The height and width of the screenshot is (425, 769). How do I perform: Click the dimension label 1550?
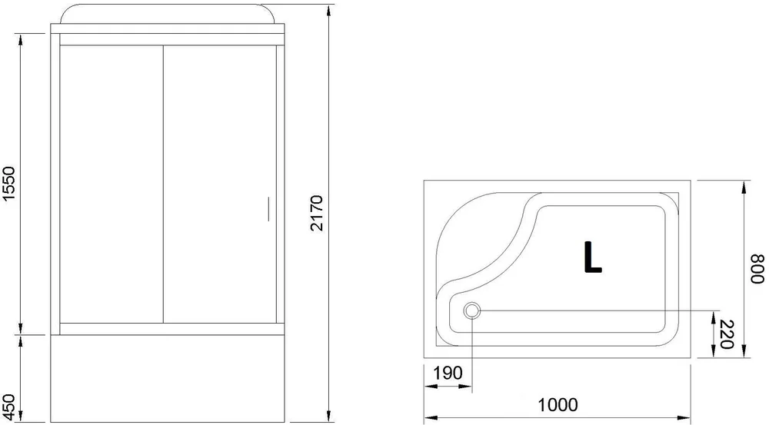(x=10, y=184)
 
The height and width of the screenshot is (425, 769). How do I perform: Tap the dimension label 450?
(x=10, y=401)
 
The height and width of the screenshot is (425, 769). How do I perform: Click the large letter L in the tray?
(x=591, y=258)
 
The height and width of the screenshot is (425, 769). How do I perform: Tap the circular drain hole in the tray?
(x=472, y=311)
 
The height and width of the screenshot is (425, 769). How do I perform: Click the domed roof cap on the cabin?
(x=168, y=15)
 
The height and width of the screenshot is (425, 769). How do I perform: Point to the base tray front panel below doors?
(x=168, y=377)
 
